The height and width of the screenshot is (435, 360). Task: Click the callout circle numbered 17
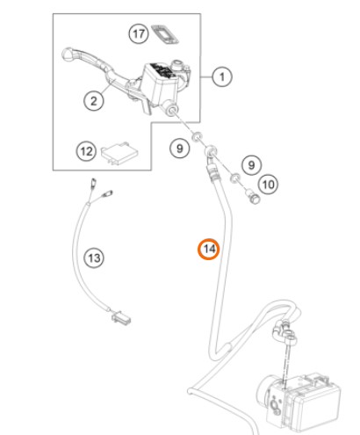tap(139, 33)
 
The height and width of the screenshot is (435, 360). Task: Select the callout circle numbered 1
tap(222, 77)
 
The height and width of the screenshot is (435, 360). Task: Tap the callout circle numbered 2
tap(94, 101)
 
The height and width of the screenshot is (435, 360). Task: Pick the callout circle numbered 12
tap(86, 151)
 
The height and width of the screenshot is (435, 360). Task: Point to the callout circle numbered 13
tap(94, 258)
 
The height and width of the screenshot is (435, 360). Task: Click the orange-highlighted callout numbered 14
tap(208, 249)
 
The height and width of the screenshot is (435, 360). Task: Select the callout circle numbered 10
tap(268, 185)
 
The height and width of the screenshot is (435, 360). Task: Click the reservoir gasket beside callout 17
tap(165, 34)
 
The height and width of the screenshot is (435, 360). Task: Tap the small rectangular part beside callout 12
tap(119, 152)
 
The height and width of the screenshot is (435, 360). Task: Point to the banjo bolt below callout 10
tap(253, 196)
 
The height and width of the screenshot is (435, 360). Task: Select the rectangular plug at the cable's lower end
tap(121, 317)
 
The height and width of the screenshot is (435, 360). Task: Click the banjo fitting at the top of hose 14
tap(212, 151)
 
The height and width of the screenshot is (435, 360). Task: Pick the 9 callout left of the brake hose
tap(180, 149)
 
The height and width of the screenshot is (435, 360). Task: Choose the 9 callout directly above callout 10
tap(251, 165)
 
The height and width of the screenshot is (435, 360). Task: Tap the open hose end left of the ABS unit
tap(191, 391)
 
